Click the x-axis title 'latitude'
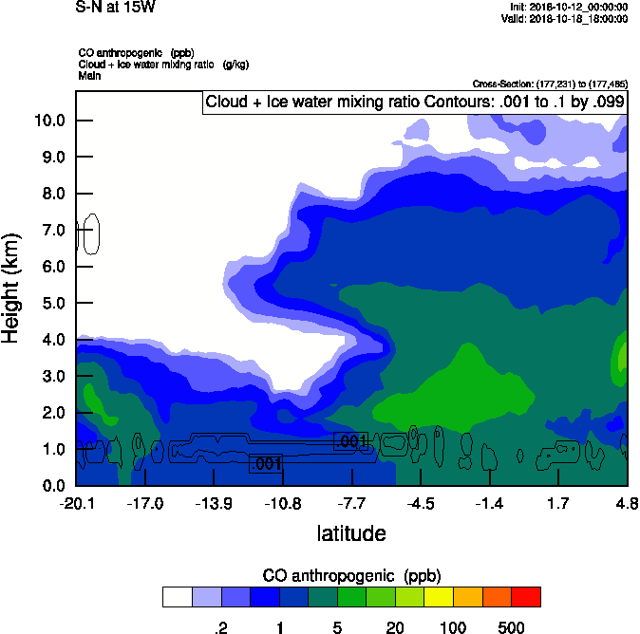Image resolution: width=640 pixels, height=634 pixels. (x=351, y=533)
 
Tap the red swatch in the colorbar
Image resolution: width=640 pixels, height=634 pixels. (x=525, y=597)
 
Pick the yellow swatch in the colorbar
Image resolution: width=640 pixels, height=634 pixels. (x=438, y=597)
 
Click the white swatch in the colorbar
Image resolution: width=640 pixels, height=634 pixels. (x=177, y=597)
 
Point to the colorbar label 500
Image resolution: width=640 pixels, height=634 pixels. (x=511, y=627)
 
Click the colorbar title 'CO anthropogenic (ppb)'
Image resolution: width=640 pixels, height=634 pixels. (x=351, y=576)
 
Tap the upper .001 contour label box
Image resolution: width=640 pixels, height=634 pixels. (x=350, y=441)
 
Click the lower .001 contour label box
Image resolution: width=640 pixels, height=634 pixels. (x=266, y=463)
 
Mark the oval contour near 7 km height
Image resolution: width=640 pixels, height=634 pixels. (x=91, y=233)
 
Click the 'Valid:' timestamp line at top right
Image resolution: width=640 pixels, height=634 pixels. (x=577, y=18)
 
